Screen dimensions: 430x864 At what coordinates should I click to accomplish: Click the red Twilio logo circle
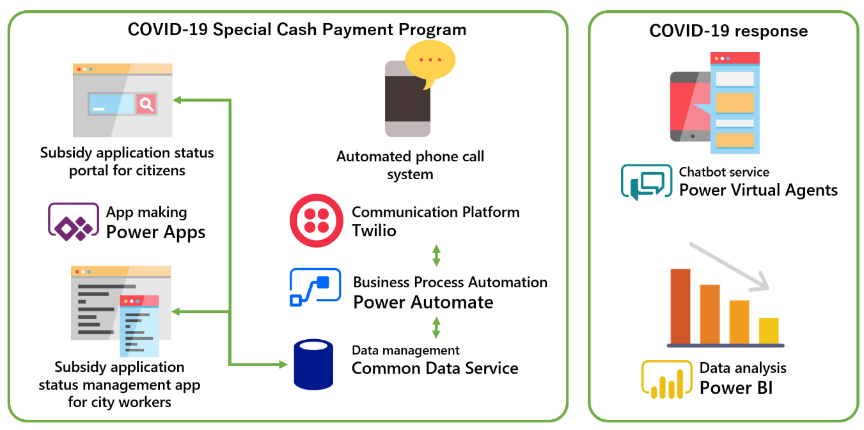click(317, 221)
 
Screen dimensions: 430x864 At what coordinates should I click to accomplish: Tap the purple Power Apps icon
click(74, 221)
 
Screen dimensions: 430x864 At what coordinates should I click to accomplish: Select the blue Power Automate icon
click(310, 287)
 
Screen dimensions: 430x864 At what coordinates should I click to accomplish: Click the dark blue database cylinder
click(313, 364)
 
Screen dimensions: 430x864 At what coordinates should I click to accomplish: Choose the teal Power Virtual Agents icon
click(647, 182)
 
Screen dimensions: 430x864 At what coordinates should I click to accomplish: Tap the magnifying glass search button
click(147, 104)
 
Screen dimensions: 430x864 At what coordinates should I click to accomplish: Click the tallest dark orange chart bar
click(680, 306)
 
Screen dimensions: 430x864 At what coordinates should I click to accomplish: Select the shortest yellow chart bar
click(769, 330)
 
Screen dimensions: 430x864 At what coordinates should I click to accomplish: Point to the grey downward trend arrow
click(729, 265)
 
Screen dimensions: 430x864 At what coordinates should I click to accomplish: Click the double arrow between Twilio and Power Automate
click(436, 255)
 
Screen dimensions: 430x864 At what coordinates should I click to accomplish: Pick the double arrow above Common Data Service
click(436, 327)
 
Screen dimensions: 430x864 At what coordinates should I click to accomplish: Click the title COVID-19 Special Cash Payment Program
click(297, 29)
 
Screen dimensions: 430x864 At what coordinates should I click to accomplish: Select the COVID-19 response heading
click(728, 31)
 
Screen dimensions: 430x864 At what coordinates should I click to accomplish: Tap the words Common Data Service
click(435, 368)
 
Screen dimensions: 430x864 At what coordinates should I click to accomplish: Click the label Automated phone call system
click(410, 165)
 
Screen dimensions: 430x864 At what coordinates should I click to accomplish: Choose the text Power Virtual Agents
click(758, 189)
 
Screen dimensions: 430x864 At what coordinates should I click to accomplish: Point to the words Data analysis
click(742, 368)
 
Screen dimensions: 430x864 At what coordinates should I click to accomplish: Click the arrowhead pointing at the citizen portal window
click(177, 100)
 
